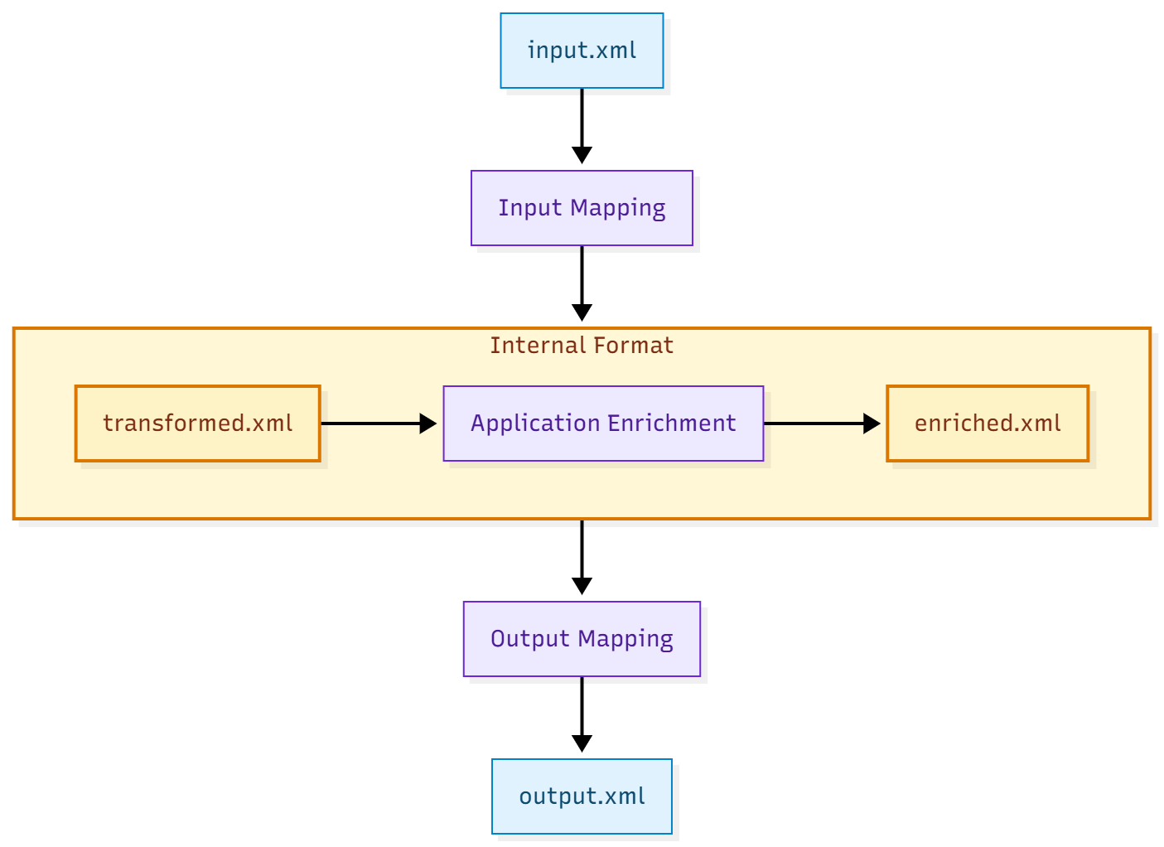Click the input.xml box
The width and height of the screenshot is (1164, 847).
(582, 51)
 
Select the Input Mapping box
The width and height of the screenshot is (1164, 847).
(582, 208)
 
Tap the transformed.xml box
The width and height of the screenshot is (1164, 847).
(197, 423)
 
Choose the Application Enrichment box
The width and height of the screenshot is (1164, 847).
(603, 423)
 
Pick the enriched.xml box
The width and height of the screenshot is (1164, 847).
(988, 423)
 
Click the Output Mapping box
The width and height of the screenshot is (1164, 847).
(582, 639)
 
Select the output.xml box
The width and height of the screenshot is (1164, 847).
(582, 796)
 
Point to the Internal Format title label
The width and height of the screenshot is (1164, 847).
(582, 346)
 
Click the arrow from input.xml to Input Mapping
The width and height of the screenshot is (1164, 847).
(582, 124)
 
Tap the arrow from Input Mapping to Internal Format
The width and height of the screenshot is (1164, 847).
(582, 282)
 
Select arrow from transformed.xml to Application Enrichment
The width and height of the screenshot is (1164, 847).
(377, 423)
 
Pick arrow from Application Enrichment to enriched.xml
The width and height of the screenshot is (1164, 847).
(820, 423)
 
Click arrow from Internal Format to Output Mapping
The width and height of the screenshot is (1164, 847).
(582, 555)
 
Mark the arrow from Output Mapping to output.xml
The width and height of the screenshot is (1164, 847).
(582, 713)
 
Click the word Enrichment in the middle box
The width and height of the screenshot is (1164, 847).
(672, 423)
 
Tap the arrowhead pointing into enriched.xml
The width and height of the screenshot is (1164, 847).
(872, 423)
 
